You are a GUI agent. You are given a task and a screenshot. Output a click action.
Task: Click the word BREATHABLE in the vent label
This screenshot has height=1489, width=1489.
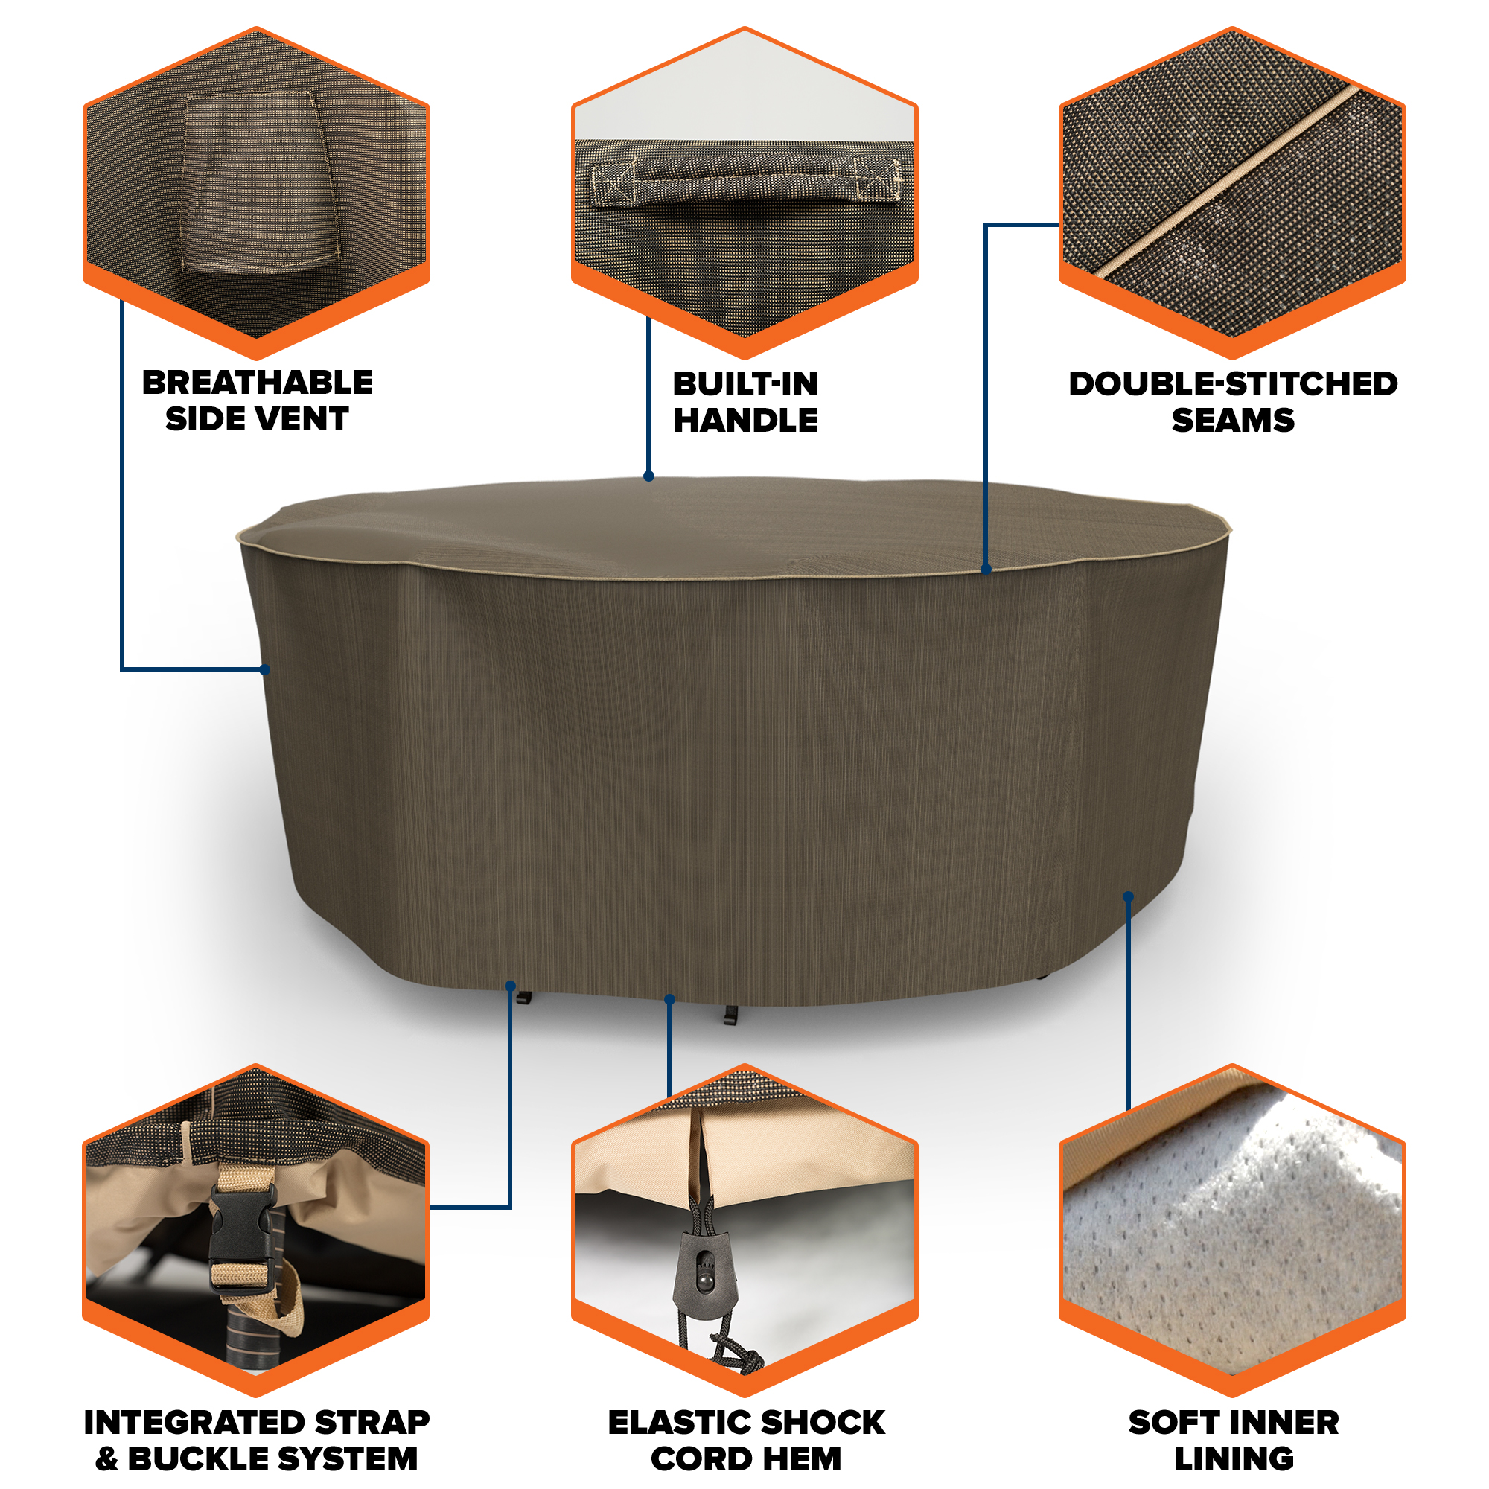point(258,383)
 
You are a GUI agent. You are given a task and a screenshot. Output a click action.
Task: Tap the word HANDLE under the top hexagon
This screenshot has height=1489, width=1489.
point(745,420)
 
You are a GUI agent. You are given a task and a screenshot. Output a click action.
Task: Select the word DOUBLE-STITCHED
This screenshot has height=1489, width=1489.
point(1232,384)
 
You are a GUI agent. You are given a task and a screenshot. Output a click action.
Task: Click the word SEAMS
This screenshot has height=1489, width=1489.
point(1232,420)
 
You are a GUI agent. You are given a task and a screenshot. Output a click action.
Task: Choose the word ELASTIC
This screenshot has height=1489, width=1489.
point(678,1422)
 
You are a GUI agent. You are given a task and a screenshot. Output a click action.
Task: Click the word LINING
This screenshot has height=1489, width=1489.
point(1233,1458)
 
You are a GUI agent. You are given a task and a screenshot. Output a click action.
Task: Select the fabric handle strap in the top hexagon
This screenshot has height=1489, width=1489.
point(745,183)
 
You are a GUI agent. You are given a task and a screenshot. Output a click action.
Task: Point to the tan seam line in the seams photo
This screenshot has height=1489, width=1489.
point(1230,182)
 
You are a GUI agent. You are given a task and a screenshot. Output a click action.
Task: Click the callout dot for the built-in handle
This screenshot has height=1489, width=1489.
point(649,476)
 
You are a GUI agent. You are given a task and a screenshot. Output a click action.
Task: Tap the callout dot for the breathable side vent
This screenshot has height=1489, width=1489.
point(264,670)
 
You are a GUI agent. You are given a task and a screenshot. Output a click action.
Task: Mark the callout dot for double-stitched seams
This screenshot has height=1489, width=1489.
point(986,570)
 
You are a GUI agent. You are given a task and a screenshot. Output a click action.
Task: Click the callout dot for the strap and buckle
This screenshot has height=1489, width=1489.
point(510,986)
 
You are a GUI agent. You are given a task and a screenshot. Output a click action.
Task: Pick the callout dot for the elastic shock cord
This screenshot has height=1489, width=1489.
point(670,1000)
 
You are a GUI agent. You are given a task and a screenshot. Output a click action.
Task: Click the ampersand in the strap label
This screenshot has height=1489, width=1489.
point(107,1458)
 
